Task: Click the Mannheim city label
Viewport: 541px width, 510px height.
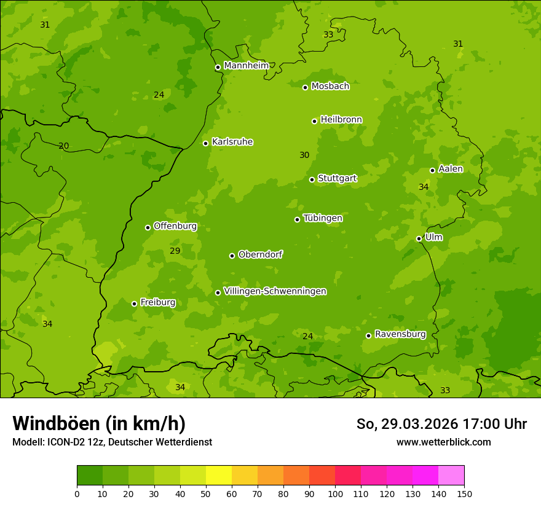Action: point(246,66)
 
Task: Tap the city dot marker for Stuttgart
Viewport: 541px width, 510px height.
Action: point(312,179)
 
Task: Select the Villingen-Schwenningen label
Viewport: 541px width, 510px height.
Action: point(275,291)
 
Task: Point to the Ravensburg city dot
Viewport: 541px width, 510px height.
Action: point(368,335)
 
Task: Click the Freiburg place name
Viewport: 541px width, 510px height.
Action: point(157,302)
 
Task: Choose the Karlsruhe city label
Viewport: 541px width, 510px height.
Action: point(232,142)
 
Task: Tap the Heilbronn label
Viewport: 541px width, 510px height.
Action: point(341,120)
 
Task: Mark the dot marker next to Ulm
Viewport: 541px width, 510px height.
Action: point(419,238)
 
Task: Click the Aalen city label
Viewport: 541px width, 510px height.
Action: point(450,169)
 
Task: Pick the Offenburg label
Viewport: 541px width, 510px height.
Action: point(175,226)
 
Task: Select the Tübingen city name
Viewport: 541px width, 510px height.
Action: point(322,218)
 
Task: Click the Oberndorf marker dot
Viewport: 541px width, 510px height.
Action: point(232,256)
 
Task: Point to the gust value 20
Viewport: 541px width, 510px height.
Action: point(63,146)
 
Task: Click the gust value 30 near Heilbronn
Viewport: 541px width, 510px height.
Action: point(304,155)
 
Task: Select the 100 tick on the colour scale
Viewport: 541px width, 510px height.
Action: point(335,493)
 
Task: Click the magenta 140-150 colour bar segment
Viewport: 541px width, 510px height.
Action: point(451,476)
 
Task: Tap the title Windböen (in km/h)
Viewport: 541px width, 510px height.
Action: point(99,424)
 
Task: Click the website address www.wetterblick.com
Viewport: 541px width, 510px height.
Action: point(443,442)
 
